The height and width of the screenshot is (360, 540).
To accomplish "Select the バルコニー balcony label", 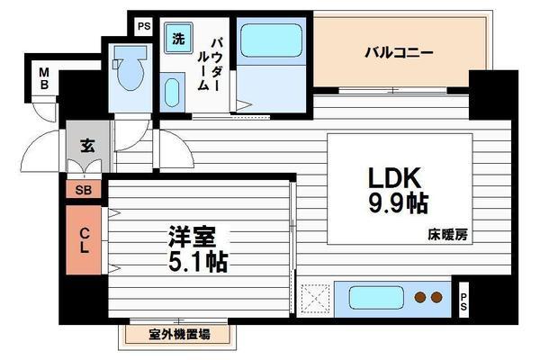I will (399, 52).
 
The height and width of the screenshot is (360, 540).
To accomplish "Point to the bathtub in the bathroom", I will (271, 41).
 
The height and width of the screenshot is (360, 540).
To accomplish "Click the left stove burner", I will (418, 296).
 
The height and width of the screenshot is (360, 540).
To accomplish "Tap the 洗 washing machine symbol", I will (177, 39).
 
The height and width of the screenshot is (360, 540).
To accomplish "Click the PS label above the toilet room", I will (142, 26).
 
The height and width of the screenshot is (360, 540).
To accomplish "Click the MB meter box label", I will (42, 79).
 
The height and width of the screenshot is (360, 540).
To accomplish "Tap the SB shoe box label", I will (83, 190).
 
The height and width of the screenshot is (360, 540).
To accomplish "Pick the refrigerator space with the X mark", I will (314, 296).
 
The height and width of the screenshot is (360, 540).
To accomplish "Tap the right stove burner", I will (436, 296).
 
